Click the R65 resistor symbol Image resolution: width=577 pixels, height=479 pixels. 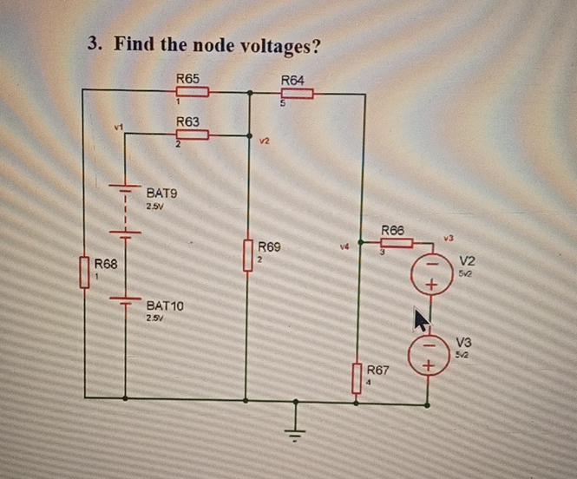pyautogui.click(x=193, y=92)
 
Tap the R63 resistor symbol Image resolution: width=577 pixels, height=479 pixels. pyautogui.click(x=193, y=135)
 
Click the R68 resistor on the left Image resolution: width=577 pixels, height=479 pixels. pyautogui.click(x=85, y=272)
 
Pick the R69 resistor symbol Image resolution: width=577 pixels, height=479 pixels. pyautogui.click(x=248, y=258)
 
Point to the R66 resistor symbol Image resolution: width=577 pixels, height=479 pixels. pyautogui.click(x=396, y=242)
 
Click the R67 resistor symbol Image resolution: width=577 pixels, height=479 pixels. pyautogui.click(x=356, y=378)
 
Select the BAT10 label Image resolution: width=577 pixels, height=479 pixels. pyautogui.click(x=165, y=306)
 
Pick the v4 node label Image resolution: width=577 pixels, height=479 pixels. pyautogui.click(x=344, y=246)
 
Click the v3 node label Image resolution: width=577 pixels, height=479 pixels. pyautogui.click(x=449, y=237)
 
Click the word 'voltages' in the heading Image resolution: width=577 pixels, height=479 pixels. pyautogui.click(x=269, y=44)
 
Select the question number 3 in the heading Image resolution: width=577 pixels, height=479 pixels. pyautogui.click(x=94, y=44)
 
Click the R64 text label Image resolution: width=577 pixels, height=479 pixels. pyautogui.click(x=294, y=80)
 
